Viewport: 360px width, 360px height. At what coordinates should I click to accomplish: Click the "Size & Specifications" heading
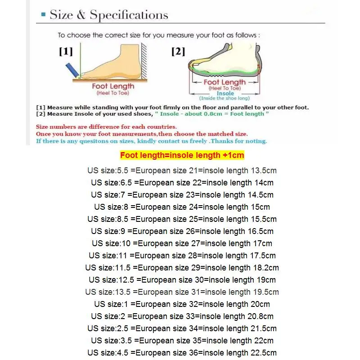(x=109, y=15)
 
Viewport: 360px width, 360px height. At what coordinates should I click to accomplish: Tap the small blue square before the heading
(x=43, y=15)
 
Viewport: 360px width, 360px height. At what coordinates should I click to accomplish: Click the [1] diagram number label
(x=66, y=51)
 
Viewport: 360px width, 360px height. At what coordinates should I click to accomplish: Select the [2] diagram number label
(x=178, y=51)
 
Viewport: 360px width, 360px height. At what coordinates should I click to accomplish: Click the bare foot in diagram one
(x=112, y=63)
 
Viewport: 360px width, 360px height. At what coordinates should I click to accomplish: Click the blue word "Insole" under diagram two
(x=225, y=94)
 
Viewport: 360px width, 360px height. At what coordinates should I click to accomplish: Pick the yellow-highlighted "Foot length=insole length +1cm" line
(x=182, y=156)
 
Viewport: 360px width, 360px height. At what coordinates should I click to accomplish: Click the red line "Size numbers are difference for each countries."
(x=106, y=127)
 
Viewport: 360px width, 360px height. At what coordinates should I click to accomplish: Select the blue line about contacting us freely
(x=151, y=141)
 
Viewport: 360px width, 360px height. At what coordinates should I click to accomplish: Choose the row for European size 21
(x=182, y=171)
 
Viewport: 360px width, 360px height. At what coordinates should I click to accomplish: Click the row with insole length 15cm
(x=182, y=207)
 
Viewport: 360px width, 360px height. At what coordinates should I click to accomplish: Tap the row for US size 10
(x=182, y=243)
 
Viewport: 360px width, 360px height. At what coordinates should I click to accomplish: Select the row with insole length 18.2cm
(x=182, y=268)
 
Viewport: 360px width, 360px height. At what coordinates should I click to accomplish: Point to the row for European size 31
(x=182, y=292)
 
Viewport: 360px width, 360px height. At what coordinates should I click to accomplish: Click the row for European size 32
(x=182, y=304)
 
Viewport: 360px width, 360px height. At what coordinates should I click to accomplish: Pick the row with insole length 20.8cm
(x=182, y=316)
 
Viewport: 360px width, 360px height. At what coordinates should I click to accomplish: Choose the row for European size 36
(x=182, y=353)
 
